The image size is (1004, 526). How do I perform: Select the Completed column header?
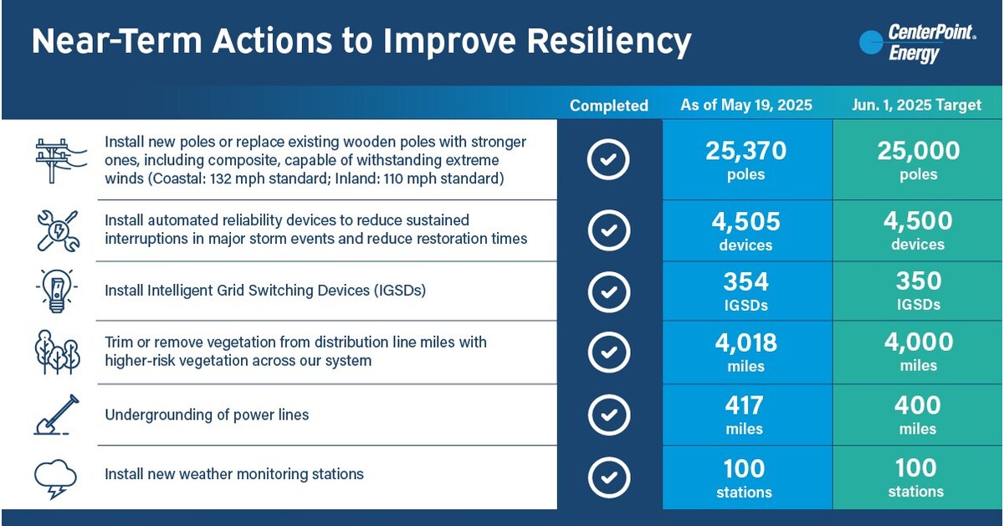609,106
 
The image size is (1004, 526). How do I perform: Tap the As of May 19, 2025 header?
747,106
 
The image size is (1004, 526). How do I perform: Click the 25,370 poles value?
745,160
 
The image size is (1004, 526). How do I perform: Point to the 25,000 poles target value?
918,160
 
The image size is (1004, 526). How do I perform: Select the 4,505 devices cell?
745,230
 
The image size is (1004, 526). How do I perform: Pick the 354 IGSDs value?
745,290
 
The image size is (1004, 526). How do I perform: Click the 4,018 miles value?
745,352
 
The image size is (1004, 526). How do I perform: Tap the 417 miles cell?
745,415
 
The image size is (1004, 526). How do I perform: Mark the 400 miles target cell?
918,415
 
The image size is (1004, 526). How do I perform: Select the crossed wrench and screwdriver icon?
57,231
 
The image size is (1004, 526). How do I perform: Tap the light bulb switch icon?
57,291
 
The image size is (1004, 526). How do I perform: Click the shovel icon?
57,415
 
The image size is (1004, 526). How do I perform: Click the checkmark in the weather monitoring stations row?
609,477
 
